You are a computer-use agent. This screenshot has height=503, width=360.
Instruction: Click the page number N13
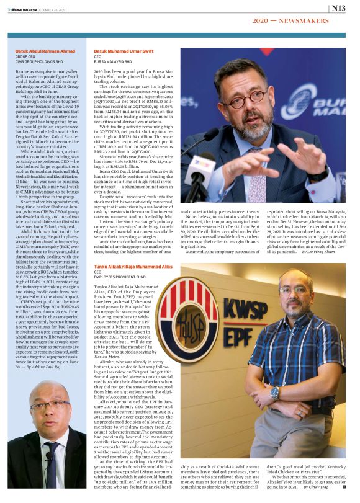[x=338, y=8]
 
